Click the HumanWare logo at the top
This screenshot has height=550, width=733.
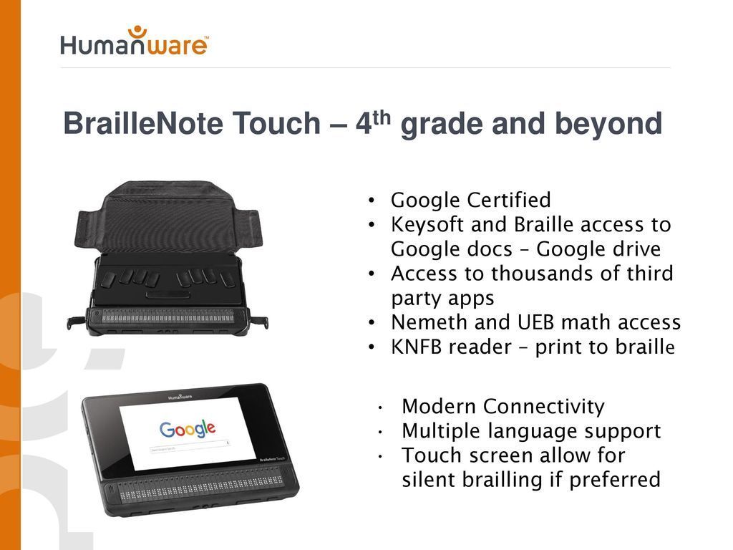[134, 41]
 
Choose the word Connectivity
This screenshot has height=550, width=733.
[544, 407]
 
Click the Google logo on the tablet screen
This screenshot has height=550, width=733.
[188, 428]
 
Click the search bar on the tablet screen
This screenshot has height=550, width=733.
[189, 446]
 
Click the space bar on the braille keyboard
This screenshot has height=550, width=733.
[168, 294]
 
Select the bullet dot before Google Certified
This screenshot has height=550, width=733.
[372, 201]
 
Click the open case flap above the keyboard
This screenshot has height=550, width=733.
[168, 218]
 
